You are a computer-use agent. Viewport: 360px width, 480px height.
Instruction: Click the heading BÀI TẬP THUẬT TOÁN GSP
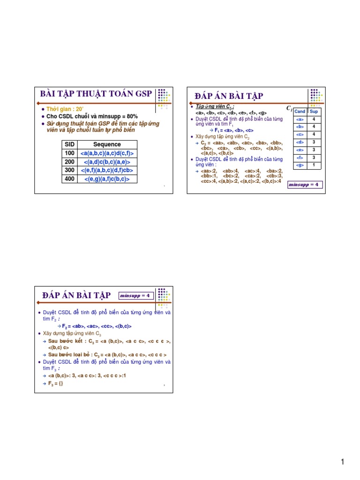coord(96,93)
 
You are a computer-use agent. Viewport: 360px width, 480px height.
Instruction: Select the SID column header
coord(69,144)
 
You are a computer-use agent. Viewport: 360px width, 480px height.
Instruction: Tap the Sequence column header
coord(107,144)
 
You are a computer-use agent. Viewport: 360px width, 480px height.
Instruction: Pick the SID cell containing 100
coord(69,153)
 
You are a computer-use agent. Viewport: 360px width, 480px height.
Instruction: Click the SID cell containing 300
coord(69,170)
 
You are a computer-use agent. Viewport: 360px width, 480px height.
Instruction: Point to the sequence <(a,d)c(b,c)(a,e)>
coord(107,162)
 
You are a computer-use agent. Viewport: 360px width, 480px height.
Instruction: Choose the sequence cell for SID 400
coord(107,179)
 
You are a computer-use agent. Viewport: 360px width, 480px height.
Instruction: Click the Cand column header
coord(300,112)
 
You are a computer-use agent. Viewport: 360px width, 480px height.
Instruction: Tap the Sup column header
coord(314,112)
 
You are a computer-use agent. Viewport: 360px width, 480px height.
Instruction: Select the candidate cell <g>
coord(300,165)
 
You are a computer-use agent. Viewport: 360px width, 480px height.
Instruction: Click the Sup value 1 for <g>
coord(314,165)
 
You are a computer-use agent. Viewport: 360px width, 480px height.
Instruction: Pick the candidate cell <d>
coord(300,142)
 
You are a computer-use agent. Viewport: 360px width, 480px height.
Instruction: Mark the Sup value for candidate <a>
coord(314,119)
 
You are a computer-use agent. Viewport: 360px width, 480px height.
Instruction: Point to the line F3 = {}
coord(56,383)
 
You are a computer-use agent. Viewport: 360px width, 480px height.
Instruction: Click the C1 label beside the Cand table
coord(289,109)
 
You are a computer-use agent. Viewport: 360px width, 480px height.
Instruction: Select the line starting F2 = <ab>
coord(97,326)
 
